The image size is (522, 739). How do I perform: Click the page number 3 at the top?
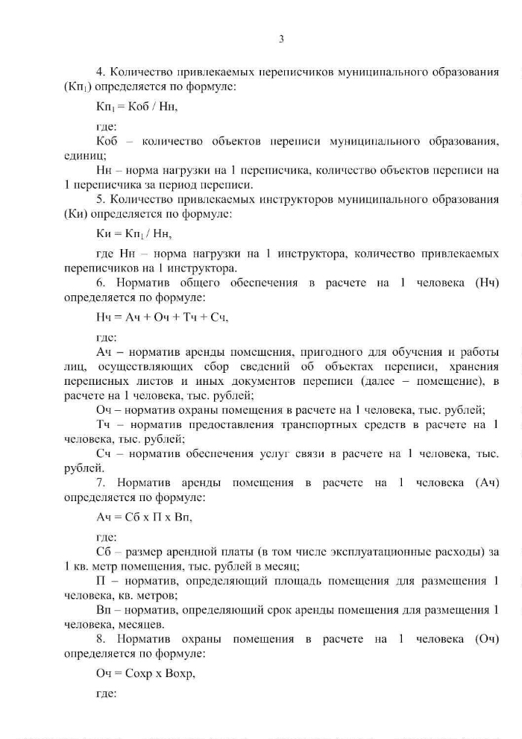[281, 39]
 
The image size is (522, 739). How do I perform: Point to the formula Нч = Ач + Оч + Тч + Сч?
[162, 318]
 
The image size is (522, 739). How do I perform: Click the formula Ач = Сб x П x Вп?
[148, 518]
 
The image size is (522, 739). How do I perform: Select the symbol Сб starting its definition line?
[104, 553]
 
